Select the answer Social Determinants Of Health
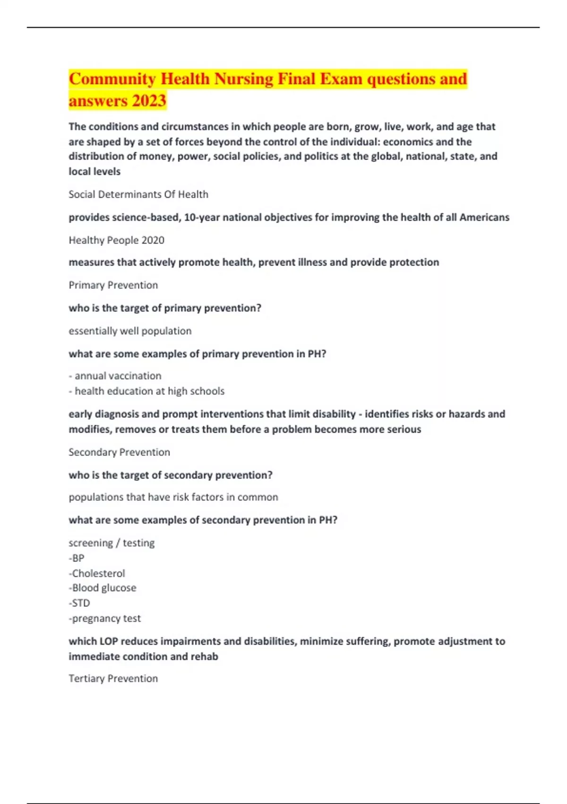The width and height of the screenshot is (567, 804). point(138,194)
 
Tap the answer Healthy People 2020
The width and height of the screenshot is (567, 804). point(116,240)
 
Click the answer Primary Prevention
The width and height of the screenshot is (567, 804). point(113,285)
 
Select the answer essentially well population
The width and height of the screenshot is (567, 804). point(130,331)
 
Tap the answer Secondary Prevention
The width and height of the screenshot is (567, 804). point(119,452)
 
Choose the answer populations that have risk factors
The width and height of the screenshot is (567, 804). point(173,497)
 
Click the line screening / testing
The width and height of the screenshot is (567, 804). point(112,543)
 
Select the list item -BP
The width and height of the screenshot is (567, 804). point(77,558)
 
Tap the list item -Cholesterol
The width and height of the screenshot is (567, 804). point(97,573)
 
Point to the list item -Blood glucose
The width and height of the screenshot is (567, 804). point(103,588)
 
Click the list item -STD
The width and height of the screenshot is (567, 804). point(79,603)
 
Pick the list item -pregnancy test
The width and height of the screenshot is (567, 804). point(104,618)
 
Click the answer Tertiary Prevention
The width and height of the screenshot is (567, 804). point(113,679)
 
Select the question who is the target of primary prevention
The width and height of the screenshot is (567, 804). point(165,308)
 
